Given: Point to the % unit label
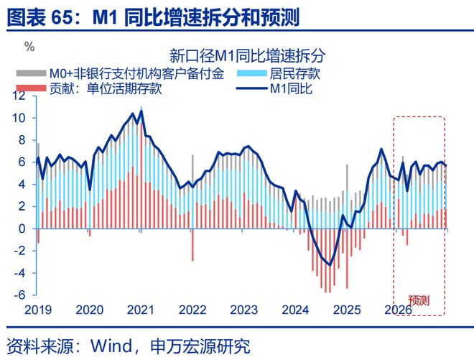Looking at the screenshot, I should (x=29, y=47).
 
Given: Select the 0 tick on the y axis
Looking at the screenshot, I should (x=24, y=229).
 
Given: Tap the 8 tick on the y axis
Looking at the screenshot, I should (x=24, y=140).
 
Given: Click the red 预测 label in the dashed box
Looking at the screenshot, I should (x=419, y=300).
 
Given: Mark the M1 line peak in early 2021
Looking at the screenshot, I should (x=140, y=111).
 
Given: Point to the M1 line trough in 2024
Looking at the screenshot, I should (x=330, y=265).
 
